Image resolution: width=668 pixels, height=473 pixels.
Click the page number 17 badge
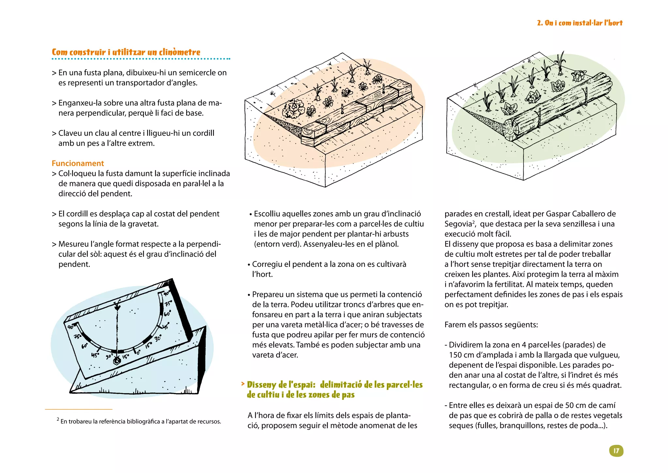[x=616, y=451]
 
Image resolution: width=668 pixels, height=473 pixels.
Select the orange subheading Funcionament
[x=78, y=163]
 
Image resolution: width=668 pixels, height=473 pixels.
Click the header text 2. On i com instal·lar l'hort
[x=580, y=23]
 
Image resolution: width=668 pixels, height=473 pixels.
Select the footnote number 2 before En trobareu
[x=58, y=419]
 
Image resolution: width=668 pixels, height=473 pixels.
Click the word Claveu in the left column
[x=70, y=133]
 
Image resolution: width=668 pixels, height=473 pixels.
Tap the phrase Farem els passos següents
[x=491, y=325]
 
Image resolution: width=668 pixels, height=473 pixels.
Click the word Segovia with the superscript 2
[x=458, y=224]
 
